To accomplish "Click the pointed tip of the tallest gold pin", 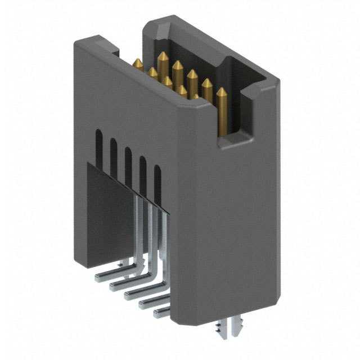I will point(163,56).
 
